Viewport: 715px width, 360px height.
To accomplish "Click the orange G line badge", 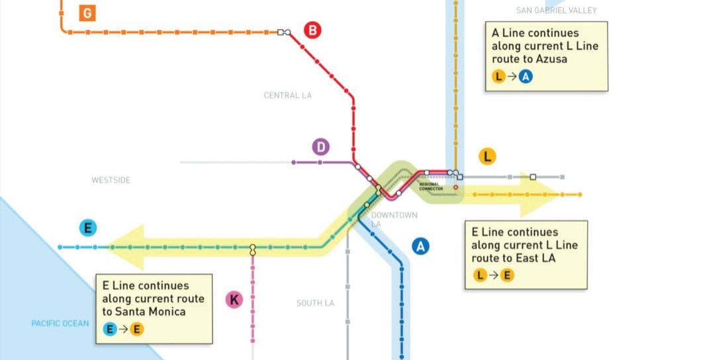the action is coord(87,13).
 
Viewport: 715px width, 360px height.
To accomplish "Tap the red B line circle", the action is coord(312,30).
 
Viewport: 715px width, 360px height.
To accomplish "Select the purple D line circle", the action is coord(321,147).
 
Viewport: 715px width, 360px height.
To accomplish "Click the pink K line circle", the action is coord(234,300).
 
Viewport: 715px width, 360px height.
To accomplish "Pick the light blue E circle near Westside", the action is coord(87,228).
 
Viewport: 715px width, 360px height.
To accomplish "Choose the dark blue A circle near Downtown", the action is coord(420,247).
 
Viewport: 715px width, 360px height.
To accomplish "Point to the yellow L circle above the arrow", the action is coord(487,157).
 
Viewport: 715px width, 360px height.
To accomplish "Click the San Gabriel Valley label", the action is coord(556,10).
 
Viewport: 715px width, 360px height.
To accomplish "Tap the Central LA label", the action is coord(287,95).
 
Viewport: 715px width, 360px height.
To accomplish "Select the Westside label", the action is coord(111,180).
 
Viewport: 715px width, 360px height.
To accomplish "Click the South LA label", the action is coord(315,303).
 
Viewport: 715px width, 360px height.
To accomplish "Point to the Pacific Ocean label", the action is coord(60,324).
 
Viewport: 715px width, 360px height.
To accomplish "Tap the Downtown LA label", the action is coord(394,220).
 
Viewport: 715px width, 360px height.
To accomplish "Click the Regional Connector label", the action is coord(431,187).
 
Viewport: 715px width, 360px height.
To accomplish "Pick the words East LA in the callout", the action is coord(530,258).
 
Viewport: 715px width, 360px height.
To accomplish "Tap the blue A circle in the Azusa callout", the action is coord(526,77).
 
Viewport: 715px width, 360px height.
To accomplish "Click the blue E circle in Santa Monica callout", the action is coord(111,329).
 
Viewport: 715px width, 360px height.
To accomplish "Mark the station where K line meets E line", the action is coord(252,249).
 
